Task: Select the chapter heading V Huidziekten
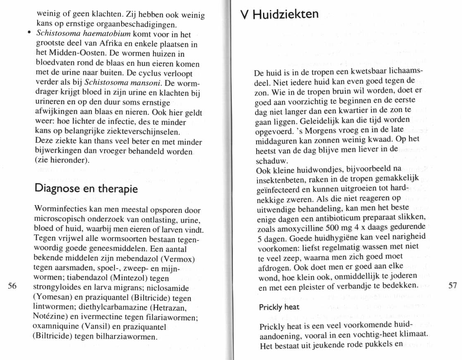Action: [x=280, y=14]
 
